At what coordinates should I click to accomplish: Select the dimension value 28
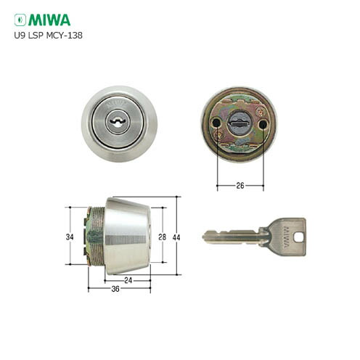tap(163, 236)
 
